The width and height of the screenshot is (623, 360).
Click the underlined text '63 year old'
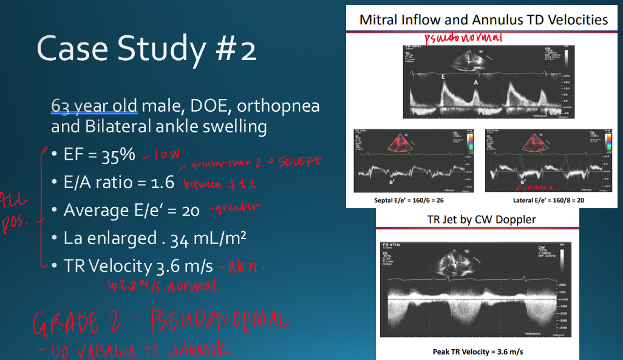(95, 106)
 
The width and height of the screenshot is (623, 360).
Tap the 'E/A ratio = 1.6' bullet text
(118, 182)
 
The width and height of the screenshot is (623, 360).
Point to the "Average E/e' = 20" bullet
(132, 210)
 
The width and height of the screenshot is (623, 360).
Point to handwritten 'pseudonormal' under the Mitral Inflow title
(463, 38)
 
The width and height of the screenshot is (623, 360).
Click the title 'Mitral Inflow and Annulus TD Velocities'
(483, 19)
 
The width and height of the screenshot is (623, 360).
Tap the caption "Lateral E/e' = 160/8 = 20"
(540, 200)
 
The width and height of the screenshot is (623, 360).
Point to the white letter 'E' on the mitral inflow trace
(443, 77)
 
